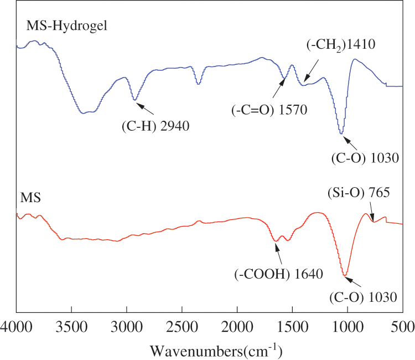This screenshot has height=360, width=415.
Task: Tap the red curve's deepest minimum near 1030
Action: [345, 275]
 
